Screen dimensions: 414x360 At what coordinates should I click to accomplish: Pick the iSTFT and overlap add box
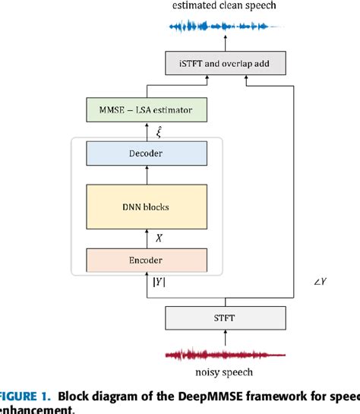point(226,63)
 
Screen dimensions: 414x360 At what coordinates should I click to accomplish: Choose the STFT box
point(226,317)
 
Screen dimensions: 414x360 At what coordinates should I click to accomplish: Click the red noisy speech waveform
point(226,355)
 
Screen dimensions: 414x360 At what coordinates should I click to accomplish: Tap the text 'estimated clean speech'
point(225,6)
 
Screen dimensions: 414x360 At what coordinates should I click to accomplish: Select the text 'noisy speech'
point(226,373)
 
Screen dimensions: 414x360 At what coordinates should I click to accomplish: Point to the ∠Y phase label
point(320,283)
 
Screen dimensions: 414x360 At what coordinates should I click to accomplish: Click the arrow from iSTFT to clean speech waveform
point(226,44)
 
